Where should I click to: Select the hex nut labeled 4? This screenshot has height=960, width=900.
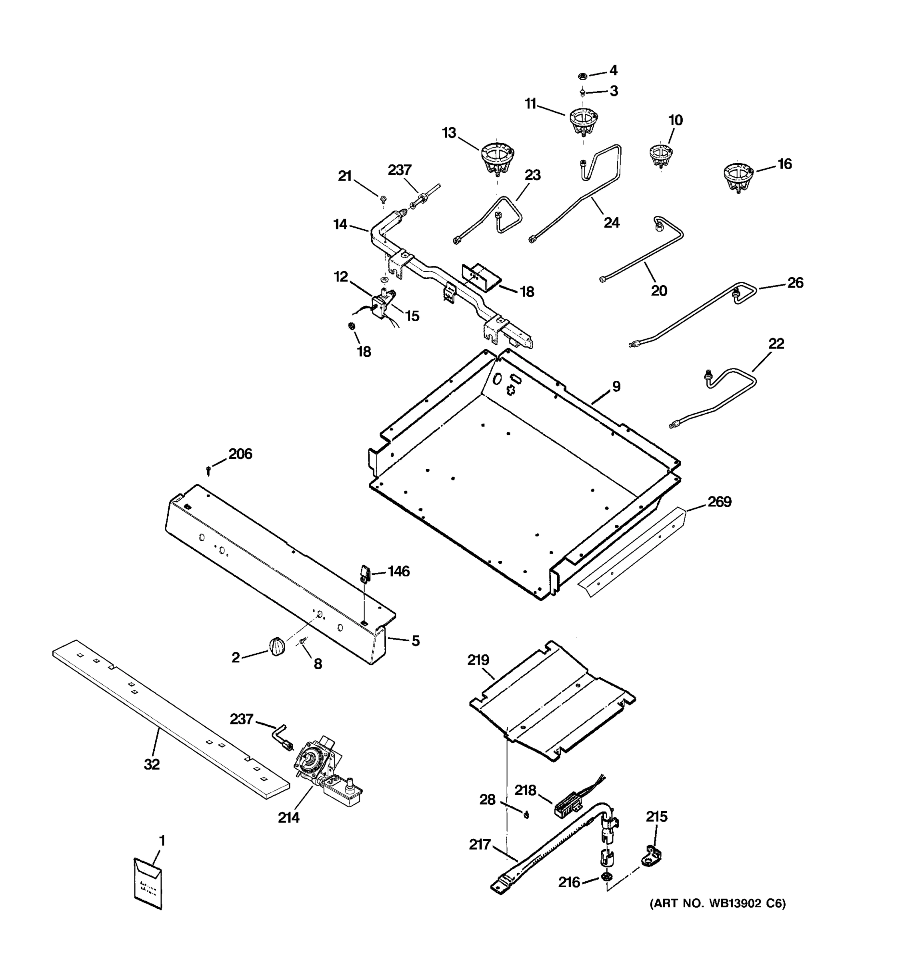tap(582, 76)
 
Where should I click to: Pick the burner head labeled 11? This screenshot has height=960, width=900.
tap(583, 120)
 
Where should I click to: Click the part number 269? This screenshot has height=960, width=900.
tap(720, 502)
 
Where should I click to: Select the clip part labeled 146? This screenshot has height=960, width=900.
tap(364, 573)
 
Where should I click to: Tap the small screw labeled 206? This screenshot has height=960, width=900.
tap(208, 469)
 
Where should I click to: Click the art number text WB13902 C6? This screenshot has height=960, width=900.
tap(717, 903)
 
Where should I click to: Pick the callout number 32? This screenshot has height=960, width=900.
tap(152, 764)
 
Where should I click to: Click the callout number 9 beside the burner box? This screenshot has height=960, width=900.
tap(616, 386)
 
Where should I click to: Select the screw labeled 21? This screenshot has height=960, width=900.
tap(383, 198)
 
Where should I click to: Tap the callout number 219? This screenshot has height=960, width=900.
tap(478, 660)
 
